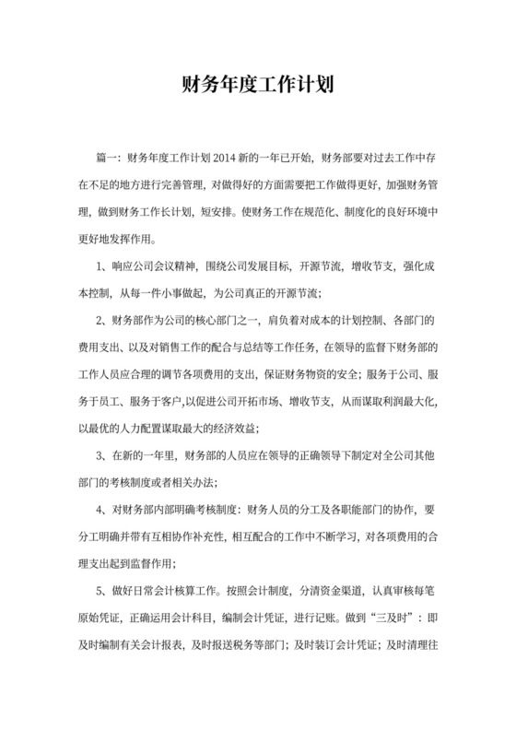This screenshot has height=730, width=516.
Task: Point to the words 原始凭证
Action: pos(95,617)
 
